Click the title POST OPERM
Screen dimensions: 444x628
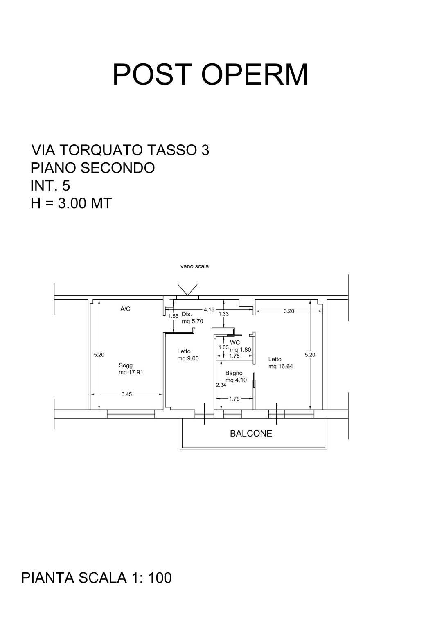[x=210, y=74]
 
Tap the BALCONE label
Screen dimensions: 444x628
[x=251, y=433]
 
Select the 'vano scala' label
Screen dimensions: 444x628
[x=194, y=266]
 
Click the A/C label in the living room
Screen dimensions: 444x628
[x=125, y=308]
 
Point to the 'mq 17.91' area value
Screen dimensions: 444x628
[x=131, y=372]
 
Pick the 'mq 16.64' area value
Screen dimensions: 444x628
[x=280, y=366]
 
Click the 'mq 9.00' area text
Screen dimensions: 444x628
[x=188, y=358]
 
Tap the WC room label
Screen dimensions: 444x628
[x=235, y=342]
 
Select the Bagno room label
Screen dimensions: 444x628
[x=234, y=373]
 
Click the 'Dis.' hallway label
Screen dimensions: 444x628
[x=187, y=314]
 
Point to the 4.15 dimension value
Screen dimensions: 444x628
[x=209, y=310]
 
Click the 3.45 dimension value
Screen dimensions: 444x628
[x=126, y=394]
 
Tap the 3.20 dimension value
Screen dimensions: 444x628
[x=289, y=311]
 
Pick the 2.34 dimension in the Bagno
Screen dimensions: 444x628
[x=221, y=385]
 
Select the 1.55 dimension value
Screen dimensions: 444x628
[x=174, y=316]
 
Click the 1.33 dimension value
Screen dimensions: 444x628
[x=223, y=314]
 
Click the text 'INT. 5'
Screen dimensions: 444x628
[x=50, y=186]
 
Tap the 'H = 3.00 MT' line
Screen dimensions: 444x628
[x=71, y=203]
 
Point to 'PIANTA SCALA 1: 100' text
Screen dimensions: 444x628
[x=97, y=578]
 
